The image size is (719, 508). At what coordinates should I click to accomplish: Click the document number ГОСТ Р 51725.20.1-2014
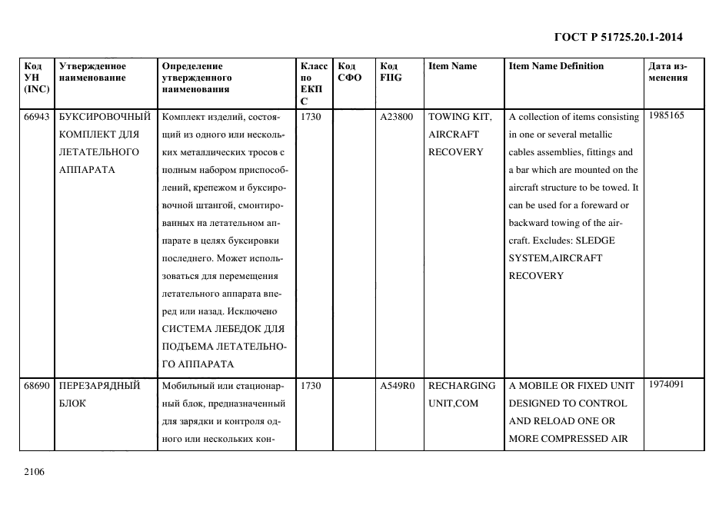tap(617, 37)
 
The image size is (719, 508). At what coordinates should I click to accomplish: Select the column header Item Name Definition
tap(556, 66)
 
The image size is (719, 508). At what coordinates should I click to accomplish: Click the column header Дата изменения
tap(667, 71)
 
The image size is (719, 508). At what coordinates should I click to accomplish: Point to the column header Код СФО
tap(349, 71)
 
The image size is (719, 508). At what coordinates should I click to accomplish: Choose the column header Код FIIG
tap(391, 71)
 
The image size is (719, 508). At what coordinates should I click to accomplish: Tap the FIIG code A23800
tap(397, 117)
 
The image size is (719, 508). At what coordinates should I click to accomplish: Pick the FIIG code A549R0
tap(397, 386)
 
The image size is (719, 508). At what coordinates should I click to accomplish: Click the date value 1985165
tap(666, 115)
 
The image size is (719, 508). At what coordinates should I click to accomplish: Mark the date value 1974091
tap(666, 384)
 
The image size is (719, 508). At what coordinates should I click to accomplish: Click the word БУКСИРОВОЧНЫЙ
tap(104, 116)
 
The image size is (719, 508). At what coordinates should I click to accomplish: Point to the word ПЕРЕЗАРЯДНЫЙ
tap(99, 386)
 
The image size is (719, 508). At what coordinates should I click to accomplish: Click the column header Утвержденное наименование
tap(92, 71)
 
